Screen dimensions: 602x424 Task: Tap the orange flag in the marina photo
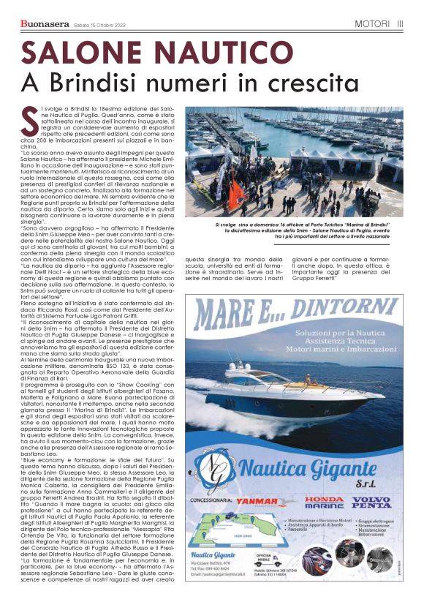(237, 192)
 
